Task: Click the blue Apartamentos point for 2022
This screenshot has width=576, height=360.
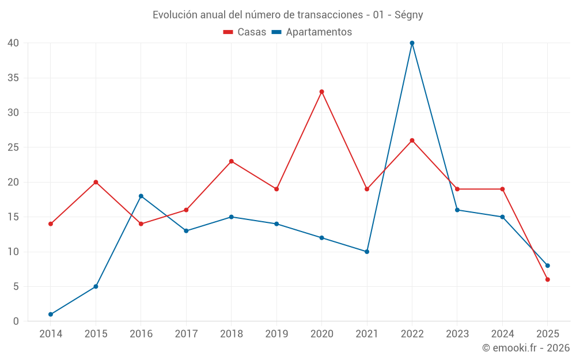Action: pos(412,43)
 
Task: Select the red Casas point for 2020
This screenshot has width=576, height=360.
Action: pos(321,92)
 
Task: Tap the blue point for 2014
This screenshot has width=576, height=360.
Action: pos(51,314)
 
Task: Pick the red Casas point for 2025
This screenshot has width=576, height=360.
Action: pos(548,279)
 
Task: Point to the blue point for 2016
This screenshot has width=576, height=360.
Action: pos(141,196)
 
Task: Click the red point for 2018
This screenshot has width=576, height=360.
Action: pos(232,161)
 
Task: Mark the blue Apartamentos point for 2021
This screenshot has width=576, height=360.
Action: pos(367,252)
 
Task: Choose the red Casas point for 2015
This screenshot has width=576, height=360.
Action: pos(96,182)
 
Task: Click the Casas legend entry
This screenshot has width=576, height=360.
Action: pos(245,32)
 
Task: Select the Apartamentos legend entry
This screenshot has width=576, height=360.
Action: pos(311,32)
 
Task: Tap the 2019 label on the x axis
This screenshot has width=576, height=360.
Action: pos(276,334)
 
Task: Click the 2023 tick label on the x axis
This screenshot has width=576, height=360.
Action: pos(457,334)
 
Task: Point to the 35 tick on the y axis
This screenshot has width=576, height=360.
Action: pos(13,78)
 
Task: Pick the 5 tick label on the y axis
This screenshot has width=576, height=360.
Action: pos(16,286)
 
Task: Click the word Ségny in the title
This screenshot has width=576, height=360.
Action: pos(408,15)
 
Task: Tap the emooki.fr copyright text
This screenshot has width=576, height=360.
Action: pos(525,348)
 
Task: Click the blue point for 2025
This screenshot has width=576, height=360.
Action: pos(548,266)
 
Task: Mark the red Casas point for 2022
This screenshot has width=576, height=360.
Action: pos(412,141)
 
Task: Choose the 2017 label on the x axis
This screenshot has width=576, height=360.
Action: pos(186,334)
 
